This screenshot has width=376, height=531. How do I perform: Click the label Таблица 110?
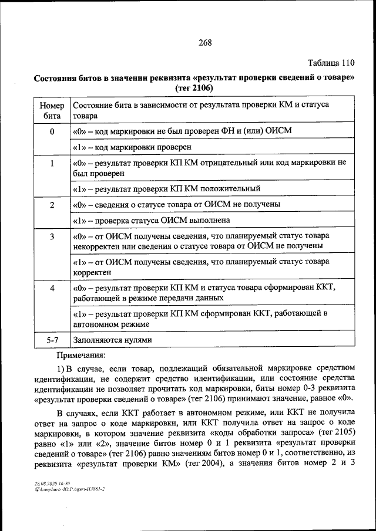pyautogui.click(x=331, y=63)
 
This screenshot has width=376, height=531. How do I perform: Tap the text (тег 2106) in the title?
pyautogui.click(x=194, y=87)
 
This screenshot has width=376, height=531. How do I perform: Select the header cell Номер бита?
pyautogui.click(x=52, y=110)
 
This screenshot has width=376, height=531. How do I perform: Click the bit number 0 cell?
pyautogui.click(x=52, y=131)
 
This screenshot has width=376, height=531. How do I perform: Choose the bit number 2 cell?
pyautogui.click(x=52, y=205)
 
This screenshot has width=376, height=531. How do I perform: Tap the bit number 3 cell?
pyautogui.click(x=52, y=236)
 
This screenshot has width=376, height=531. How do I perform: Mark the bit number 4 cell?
pyautogui.click(x=52, y=289)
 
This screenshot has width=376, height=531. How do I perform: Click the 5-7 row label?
pyautogui.click(x=52, y=339)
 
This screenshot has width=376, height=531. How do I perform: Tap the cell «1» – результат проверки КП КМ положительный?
pyautogui.click(x=166, y=189)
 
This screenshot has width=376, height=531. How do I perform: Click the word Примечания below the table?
pyautogui.click(x=81, y=355)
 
